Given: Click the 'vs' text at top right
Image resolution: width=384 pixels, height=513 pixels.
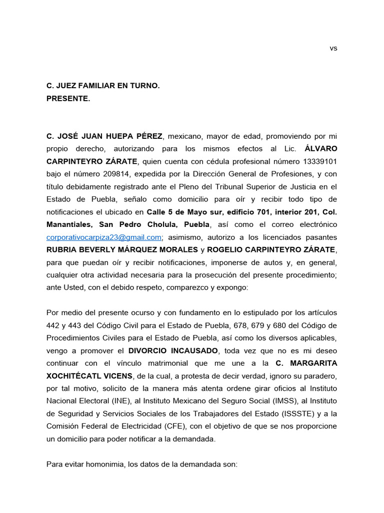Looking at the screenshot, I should click(333, 48).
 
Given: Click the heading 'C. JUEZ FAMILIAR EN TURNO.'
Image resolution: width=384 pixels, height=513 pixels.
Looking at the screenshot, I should click(103, 86).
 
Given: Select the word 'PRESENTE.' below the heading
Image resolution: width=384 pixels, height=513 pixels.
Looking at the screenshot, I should click(68, 99).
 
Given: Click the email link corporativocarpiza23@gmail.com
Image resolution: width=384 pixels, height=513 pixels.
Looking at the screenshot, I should click(104, 237).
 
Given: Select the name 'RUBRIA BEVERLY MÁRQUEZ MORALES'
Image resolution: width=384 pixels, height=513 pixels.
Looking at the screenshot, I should click(122, 249).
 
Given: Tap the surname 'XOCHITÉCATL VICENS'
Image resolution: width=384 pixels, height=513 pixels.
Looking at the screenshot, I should click(89, 375).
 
